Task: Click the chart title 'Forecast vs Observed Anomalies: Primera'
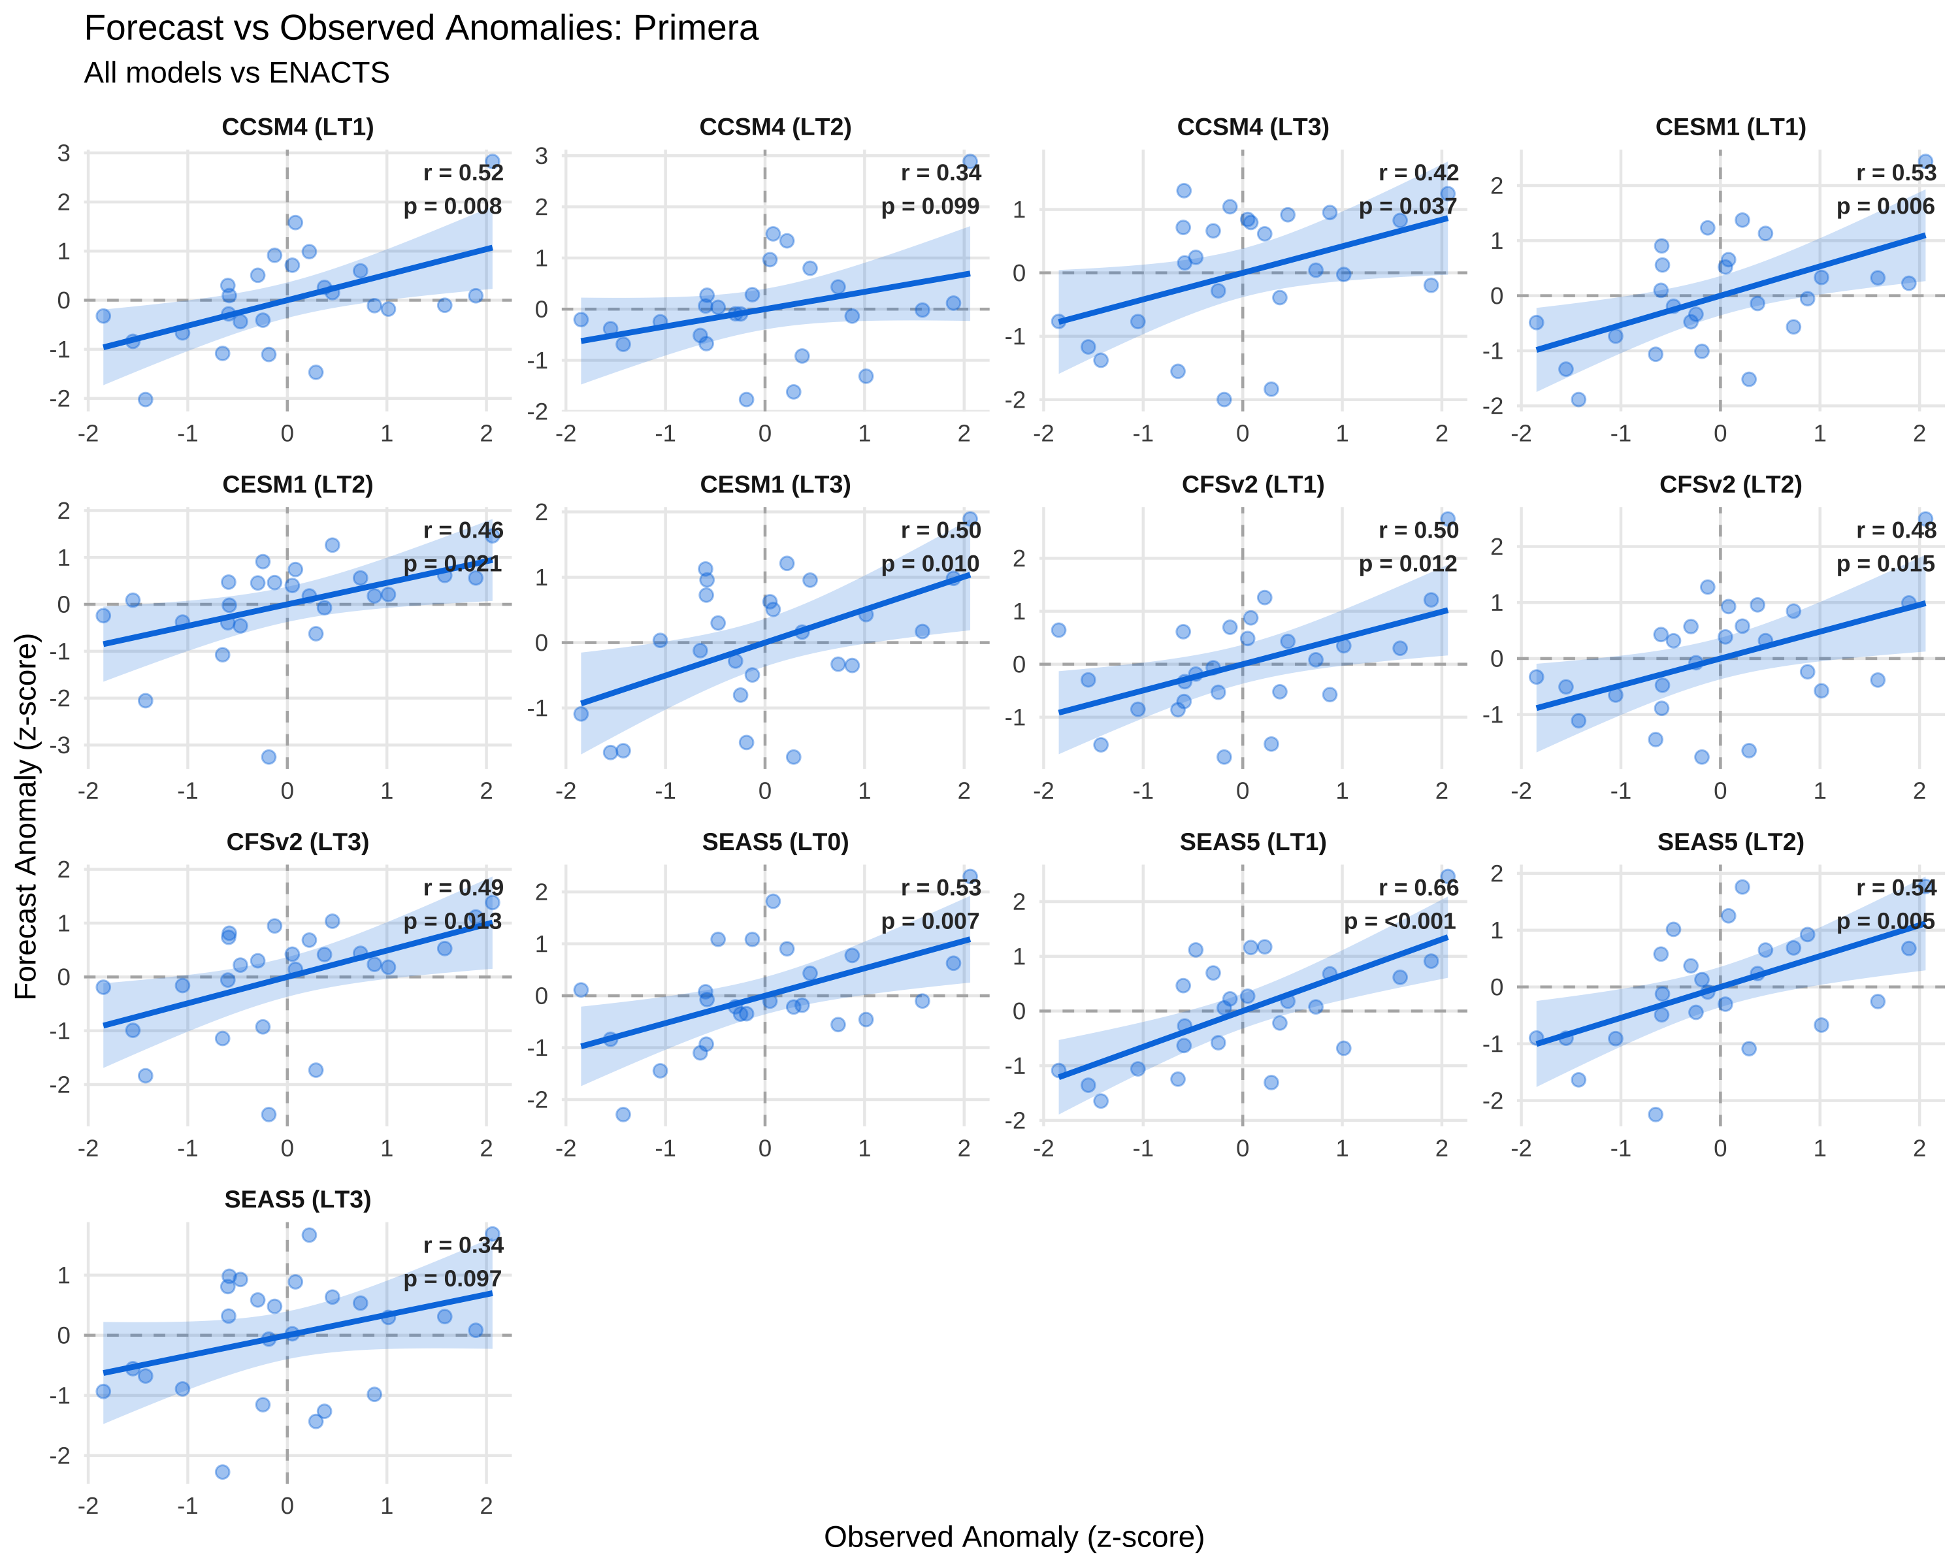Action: (x=421, y=28)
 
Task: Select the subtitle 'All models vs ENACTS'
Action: (x=237, y=73)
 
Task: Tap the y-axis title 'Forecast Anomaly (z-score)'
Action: (x=26, y=816)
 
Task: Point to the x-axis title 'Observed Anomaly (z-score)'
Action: (x=1013, y=1536)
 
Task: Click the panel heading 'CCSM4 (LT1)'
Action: (x=298, y=127)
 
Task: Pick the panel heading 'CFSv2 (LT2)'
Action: (x=1731, y=485)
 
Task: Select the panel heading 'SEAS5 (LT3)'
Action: (x=298, y=1200)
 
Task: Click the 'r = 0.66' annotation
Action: (x=1418, y=887)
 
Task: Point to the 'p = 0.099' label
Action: (x=930, y=206)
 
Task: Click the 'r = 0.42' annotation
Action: (x=1418, y=172)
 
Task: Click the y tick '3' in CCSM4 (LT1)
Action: (x=63, y=154)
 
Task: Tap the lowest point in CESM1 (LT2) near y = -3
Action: (x=268, y=757)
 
